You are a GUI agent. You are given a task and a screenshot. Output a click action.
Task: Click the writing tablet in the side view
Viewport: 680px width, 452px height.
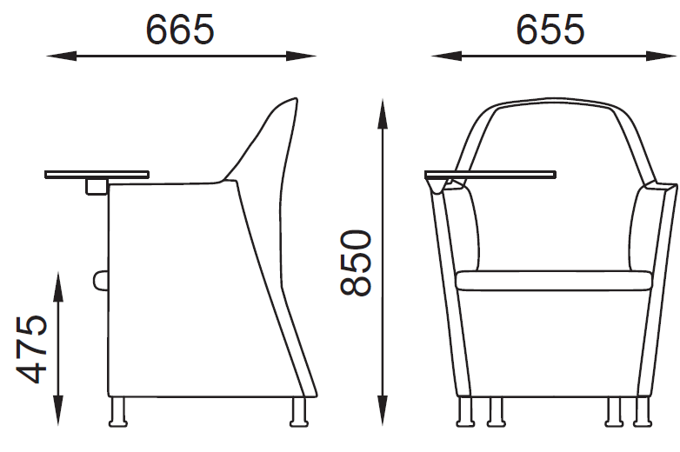[96, 175]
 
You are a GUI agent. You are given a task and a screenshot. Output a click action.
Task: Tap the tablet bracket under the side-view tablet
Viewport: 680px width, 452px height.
[95, 185]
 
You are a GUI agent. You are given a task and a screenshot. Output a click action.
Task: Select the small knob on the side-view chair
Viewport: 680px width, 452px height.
[100, 280]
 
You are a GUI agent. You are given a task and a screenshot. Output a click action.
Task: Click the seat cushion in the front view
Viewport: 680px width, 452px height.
[554, 280]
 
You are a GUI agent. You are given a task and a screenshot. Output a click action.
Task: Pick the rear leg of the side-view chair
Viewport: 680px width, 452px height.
[298, 412]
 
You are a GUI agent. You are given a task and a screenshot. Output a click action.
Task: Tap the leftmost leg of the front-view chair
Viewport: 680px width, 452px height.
[463, 412]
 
